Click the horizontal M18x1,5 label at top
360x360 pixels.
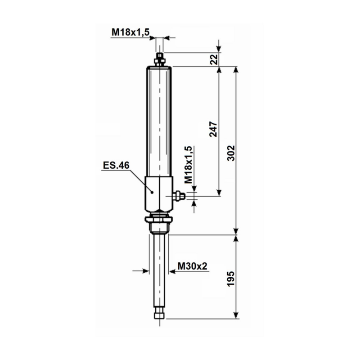tap(130, 31)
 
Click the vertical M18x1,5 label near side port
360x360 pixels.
tap(189, 164)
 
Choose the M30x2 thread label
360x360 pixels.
tap(192, 266)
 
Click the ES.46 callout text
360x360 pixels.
tap(116, 166)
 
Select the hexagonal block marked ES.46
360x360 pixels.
tap(158, 193)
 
